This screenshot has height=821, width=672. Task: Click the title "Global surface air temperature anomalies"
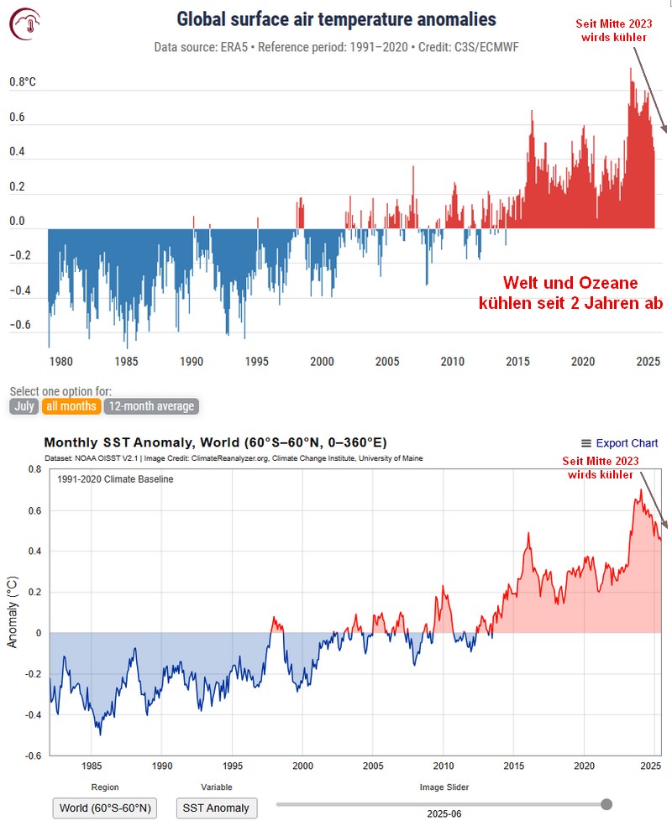tap(336, 19)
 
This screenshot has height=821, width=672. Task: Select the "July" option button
tap(24, 406)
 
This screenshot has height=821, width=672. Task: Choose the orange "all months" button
tap(71, 406)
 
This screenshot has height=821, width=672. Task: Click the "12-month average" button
tap(151, 406)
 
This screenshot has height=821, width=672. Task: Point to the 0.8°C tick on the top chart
tap(24, 83)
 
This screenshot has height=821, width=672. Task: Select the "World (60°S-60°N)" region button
tap(105, 808)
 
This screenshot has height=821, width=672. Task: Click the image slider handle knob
tap(606, 803)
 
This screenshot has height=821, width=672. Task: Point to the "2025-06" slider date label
tap(444, 813)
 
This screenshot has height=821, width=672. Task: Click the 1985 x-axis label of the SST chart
tap(92, 766)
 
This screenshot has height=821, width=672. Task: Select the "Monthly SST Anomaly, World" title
tap(215, 442)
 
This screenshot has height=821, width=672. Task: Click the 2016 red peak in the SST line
tap(528, 534)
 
